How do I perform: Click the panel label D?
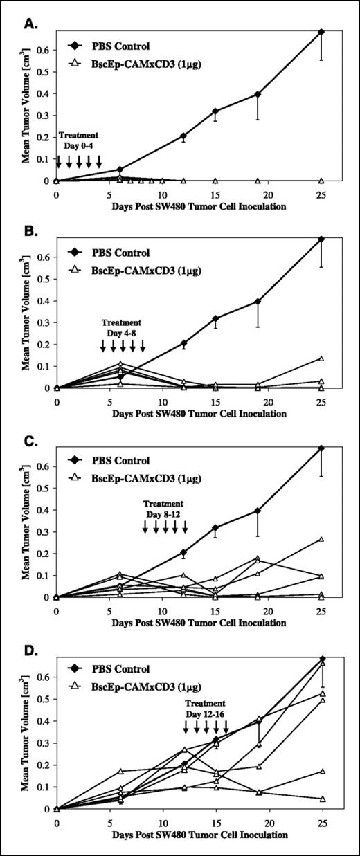coord(30,648)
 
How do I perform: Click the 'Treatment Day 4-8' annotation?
coord(122,327)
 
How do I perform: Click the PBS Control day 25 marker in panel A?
coord(321,32)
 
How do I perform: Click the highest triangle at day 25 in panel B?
coord(321,358)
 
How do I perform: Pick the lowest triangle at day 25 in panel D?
coord(321,799)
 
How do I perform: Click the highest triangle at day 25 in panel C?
coord(321,539)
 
